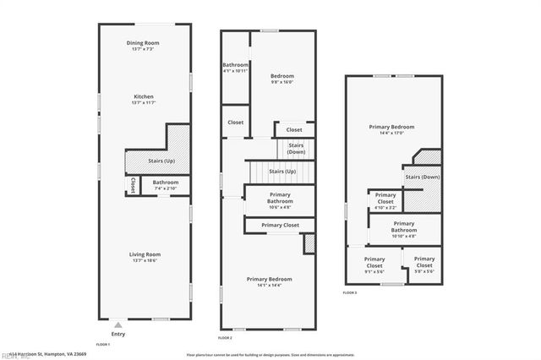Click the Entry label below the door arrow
point(117,334)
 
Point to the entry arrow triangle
point(117,323)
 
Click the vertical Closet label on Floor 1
point(133,184)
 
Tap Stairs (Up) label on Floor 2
point(281,172)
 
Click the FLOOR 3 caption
point(349,292)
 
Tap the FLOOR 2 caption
point(224,338)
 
